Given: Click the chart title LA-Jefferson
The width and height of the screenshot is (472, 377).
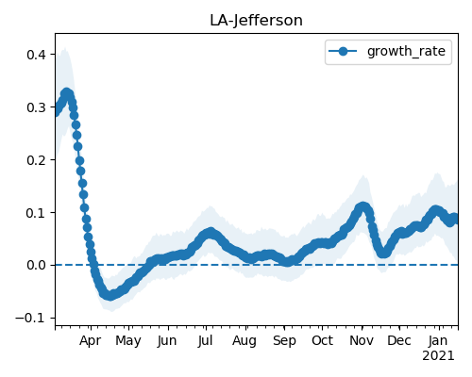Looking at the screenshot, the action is click(x=256, y=21).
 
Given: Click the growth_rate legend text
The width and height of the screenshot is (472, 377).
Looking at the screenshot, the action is click(x=406, y=51).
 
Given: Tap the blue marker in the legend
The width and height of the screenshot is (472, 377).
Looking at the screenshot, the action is click(x=343, y=51).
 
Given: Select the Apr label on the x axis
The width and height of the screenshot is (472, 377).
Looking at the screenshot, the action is click(x=91, y=340).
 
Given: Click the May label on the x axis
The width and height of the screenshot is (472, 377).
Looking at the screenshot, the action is click(x=128, y=340).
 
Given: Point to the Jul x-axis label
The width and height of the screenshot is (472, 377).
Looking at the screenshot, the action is click(x=206, y=340).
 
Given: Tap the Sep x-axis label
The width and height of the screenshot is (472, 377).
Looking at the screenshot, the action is click(x=284, y=340).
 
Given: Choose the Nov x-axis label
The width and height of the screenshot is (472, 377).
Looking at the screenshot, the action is click(x=362, y=340).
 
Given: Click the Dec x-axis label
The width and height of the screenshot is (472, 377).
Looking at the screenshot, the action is click(x=399, y=340).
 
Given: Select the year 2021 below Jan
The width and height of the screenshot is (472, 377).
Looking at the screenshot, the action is click(x=438, y=356).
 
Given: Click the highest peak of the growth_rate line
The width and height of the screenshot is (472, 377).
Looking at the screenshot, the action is click(x=66, y=93).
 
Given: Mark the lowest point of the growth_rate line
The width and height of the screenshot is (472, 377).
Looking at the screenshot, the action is click(x=110, y=296).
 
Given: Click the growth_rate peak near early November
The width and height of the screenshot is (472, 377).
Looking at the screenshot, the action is click(x=362, y=207).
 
